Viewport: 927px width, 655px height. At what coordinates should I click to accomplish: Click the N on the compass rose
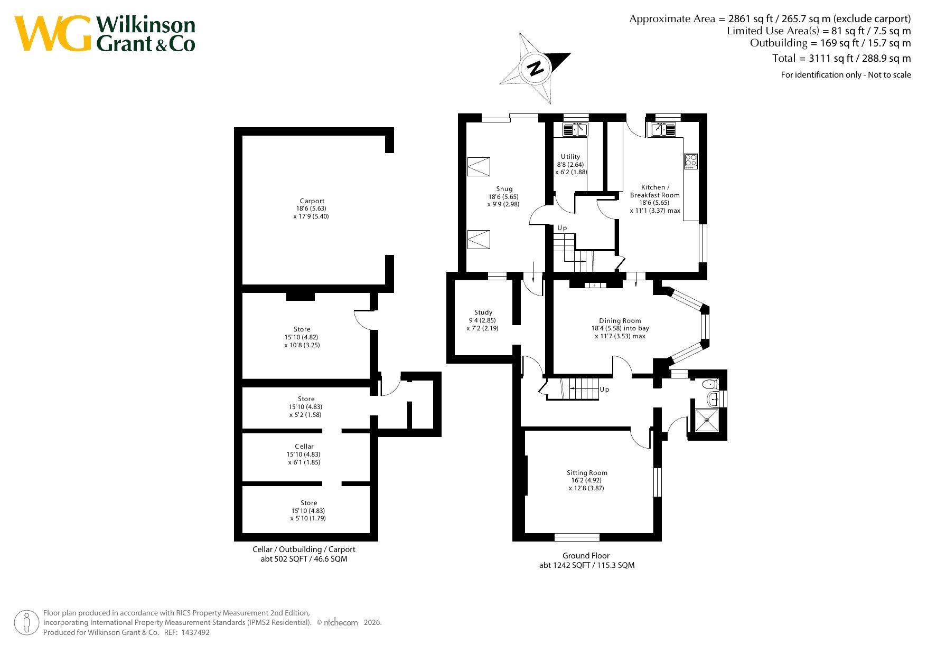point(536,69)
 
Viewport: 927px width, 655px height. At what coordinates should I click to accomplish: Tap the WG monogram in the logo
point(53,33)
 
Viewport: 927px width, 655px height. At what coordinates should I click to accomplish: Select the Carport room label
point(312,201)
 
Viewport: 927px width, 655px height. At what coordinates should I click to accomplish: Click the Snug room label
point(504,189)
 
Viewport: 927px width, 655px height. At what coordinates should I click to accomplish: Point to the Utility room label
point(570,157)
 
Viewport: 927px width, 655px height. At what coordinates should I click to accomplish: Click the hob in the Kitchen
point(691,161)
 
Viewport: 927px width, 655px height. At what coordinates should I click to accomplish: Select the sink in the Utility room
point(575,129)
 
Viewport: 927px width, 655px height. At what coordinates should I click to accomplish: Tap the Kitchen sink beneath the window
point(663,129)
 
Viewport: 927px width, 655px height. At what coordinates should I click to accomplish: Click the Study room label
point(483,312)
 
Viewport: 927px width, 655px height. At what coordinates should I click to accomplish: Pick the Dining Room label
point(620,321)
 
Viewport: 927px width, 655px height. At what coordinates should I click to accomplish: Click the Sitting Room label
point(587,473)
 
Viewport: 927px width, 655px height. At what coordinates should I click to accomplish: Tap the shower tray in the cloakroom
point(707,420)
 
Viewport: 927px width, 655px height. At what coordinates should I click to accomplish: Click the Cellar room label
point(304,447)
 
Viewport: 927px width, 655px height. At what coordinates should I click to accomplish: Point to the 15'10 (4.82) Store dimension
point(301,337)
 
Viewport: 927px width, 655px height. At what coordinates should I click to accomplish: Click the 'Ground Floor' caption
point(586,556)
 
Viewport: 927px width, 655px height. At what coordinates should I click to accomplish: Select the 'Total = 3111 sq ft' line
point(841,59)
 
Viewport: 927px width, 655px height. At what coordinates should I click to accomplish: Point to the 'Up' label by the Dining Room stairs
point(604,390)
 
